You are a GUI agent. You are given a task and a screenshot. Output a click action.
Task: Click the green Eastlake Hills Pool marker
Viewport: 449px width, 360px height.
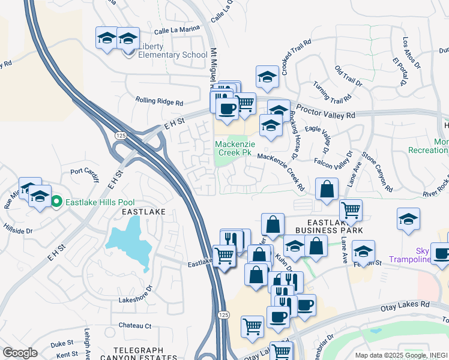pos(56,202)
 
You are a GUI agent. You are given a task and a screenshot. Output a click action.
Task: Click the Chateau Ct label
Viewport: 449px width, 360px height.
pos(135,326)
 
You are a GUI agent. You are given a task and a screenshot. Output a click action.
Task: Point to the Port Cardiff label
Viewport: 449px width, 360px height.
pos(84,171)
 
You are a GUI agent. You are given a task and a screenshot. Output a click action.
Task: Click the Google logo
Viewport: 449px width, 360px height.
pos(20,353)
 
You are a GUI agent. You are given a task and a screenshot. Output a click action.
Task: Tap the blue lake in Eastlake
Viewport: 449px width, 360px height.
pos(129,243)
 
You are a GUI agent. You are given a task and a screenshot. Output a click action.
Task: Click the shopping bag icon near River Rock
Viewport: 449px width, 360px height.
pos(326,189)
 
